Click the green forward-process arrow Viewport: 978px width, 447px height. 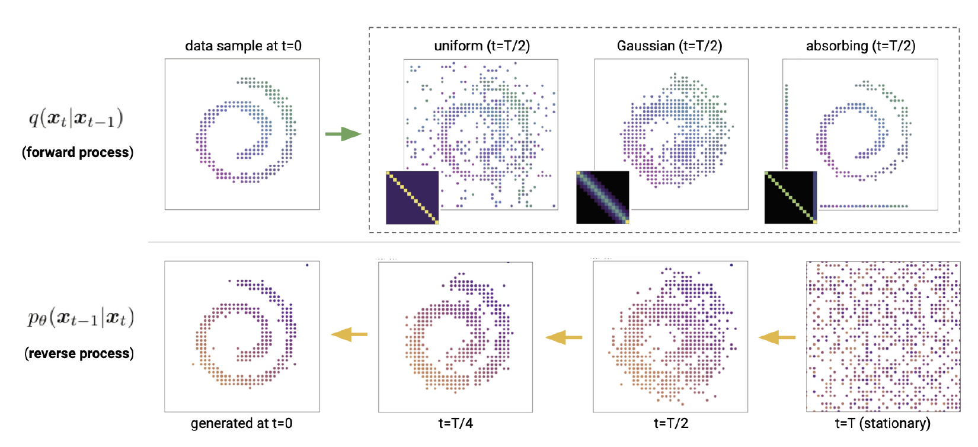pyautogui.click(x=343, y=134)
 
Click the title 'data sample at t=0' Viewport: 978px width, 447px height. pyautogui.click(x=243, y=46)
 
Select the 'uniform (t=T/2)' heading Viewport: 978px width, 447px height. pyautogui.click(x=482, y=46)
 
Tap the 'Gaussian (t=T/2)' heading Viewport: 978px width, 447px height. pyautogui.click(x=669, y=46)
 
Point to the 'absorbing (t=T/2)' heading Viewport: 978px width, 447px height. pyautogui.click(x=860, y=46)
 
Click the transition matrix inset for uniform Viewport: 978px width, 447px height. pyautogui.click(x=412, y=197)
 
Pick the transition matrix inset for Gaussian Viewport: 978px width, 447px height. pyautogui.click(x=602, y=197)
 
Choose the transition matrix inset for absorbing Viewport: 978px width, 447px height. pyautogui.click(x=791, y=197)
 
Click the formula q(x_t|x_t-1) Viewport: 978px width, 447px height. pyautogui.click(x=76, y=119)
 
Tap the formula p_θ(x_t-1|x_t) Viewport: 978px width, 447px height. pyautogui.click(x=81, y=318)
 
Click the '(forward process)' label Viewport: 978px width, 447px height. pyautogui.click(x=78, y=152)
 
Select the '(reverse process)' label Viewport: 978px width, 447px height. pyautogui.click(x=79, y=353)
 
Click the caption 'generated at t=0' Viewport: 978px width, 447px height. pyautogui.click(x=241, y=423)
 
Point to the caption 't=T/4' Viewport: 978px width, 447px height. pyautogui.click(x=455, y=423)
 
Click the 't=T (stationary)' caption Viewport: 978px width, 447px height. pyautogui.click(x=883, y=423)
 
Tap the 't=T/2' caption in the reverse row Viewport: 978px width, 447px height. pyautogui.click(x=670, y=423)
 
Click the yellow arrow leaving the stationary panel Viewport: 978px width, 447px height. pyautogui.click(x=777, y=338)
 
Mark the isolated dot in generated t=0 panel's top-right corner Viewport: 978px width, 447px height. pyautogui.click(x=307, y=265)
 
